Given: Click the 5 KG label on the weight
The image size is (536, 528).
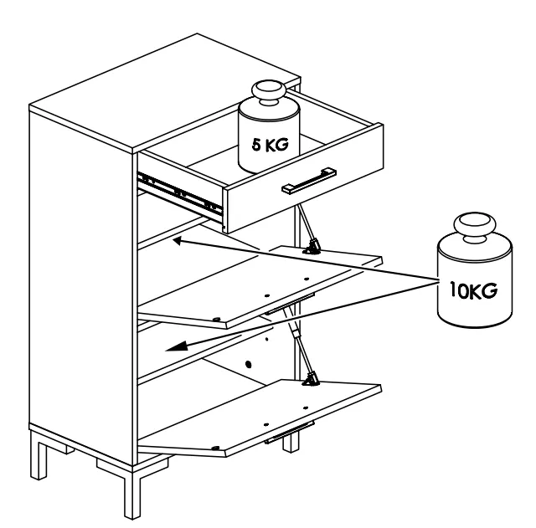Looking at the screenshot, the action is pyautogui.click(x=270, y=145).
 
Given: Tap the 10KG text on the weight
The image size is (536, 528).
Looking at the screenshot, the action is pyautogui.click(x=473, y=290).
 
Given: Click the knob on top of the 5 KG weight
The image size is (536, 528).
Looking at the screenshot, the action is pyautogui.click(x=269, y=91).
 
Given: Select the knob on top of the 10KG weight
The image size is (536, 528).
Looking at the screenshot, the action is pyautogui.click(x=475, y=226).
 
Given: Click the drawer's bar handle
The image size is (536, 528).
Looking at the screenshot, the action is pyautogui.click(x=309, y=181).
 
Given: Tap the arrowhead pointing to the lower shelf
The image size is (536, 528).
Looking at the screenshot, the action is pyautogui.click(x=177, y=346).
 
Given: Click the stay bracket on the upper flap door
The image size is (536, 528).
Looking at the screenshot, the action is pyautogui.click(x=312, y=247).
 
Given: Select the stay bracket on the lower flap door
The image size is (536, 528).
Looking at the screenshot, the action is pyautogui.click(x=311, y=379).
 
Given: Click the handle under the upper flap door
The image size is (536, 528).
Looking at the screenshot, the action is pyautogui.click(x=289, y=304).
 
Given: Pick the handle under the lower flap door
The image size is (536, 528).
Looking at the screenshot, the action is pyautogui.click(x=289, y=433).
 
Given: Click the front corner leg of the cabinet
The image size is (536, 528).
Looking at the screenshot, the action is pyautogui.click(x=132, y=492).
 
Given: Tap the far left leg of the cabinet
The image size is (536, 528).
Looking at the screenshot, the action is pyautogui.click(x=39, y=454).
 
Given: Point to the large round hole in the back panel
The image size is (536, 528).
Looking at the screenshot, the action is pyautogui.click(x=249, y=364).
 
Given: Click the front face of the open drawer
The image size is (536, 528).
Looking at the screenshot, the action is pyautogui.click(x=304, y=178).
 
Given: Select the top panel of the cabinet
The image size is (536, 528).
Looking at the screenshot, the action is pyautogui.click(x=165, y=92).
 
